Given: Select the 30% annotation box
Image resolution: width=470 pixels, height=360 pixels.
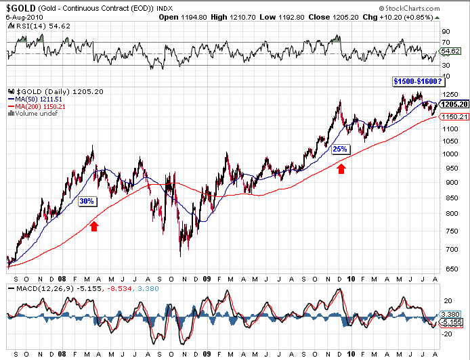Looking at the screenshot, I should tap(87, 202).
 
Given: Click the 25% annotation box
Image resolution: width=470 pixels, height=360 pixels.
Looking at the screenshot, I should tap(340, 149).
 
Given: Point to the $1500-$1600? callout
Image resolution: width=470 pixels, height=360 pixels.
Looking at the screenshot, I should tap(417, 81).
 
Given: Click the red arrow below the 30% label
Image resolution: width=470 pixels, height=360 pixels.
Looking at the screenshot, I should tap(94, 226).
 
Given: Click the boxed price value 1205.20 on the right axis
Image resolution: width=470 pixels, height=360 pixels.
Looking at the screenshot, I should tap(453, 105).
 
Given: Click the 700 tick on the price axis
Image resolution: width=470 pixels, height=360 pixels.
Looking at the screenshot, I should tap(447, 250).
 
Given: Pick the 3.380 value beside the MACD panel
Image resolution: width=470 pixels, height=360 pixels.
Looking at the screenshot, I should tap(450, 314).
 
